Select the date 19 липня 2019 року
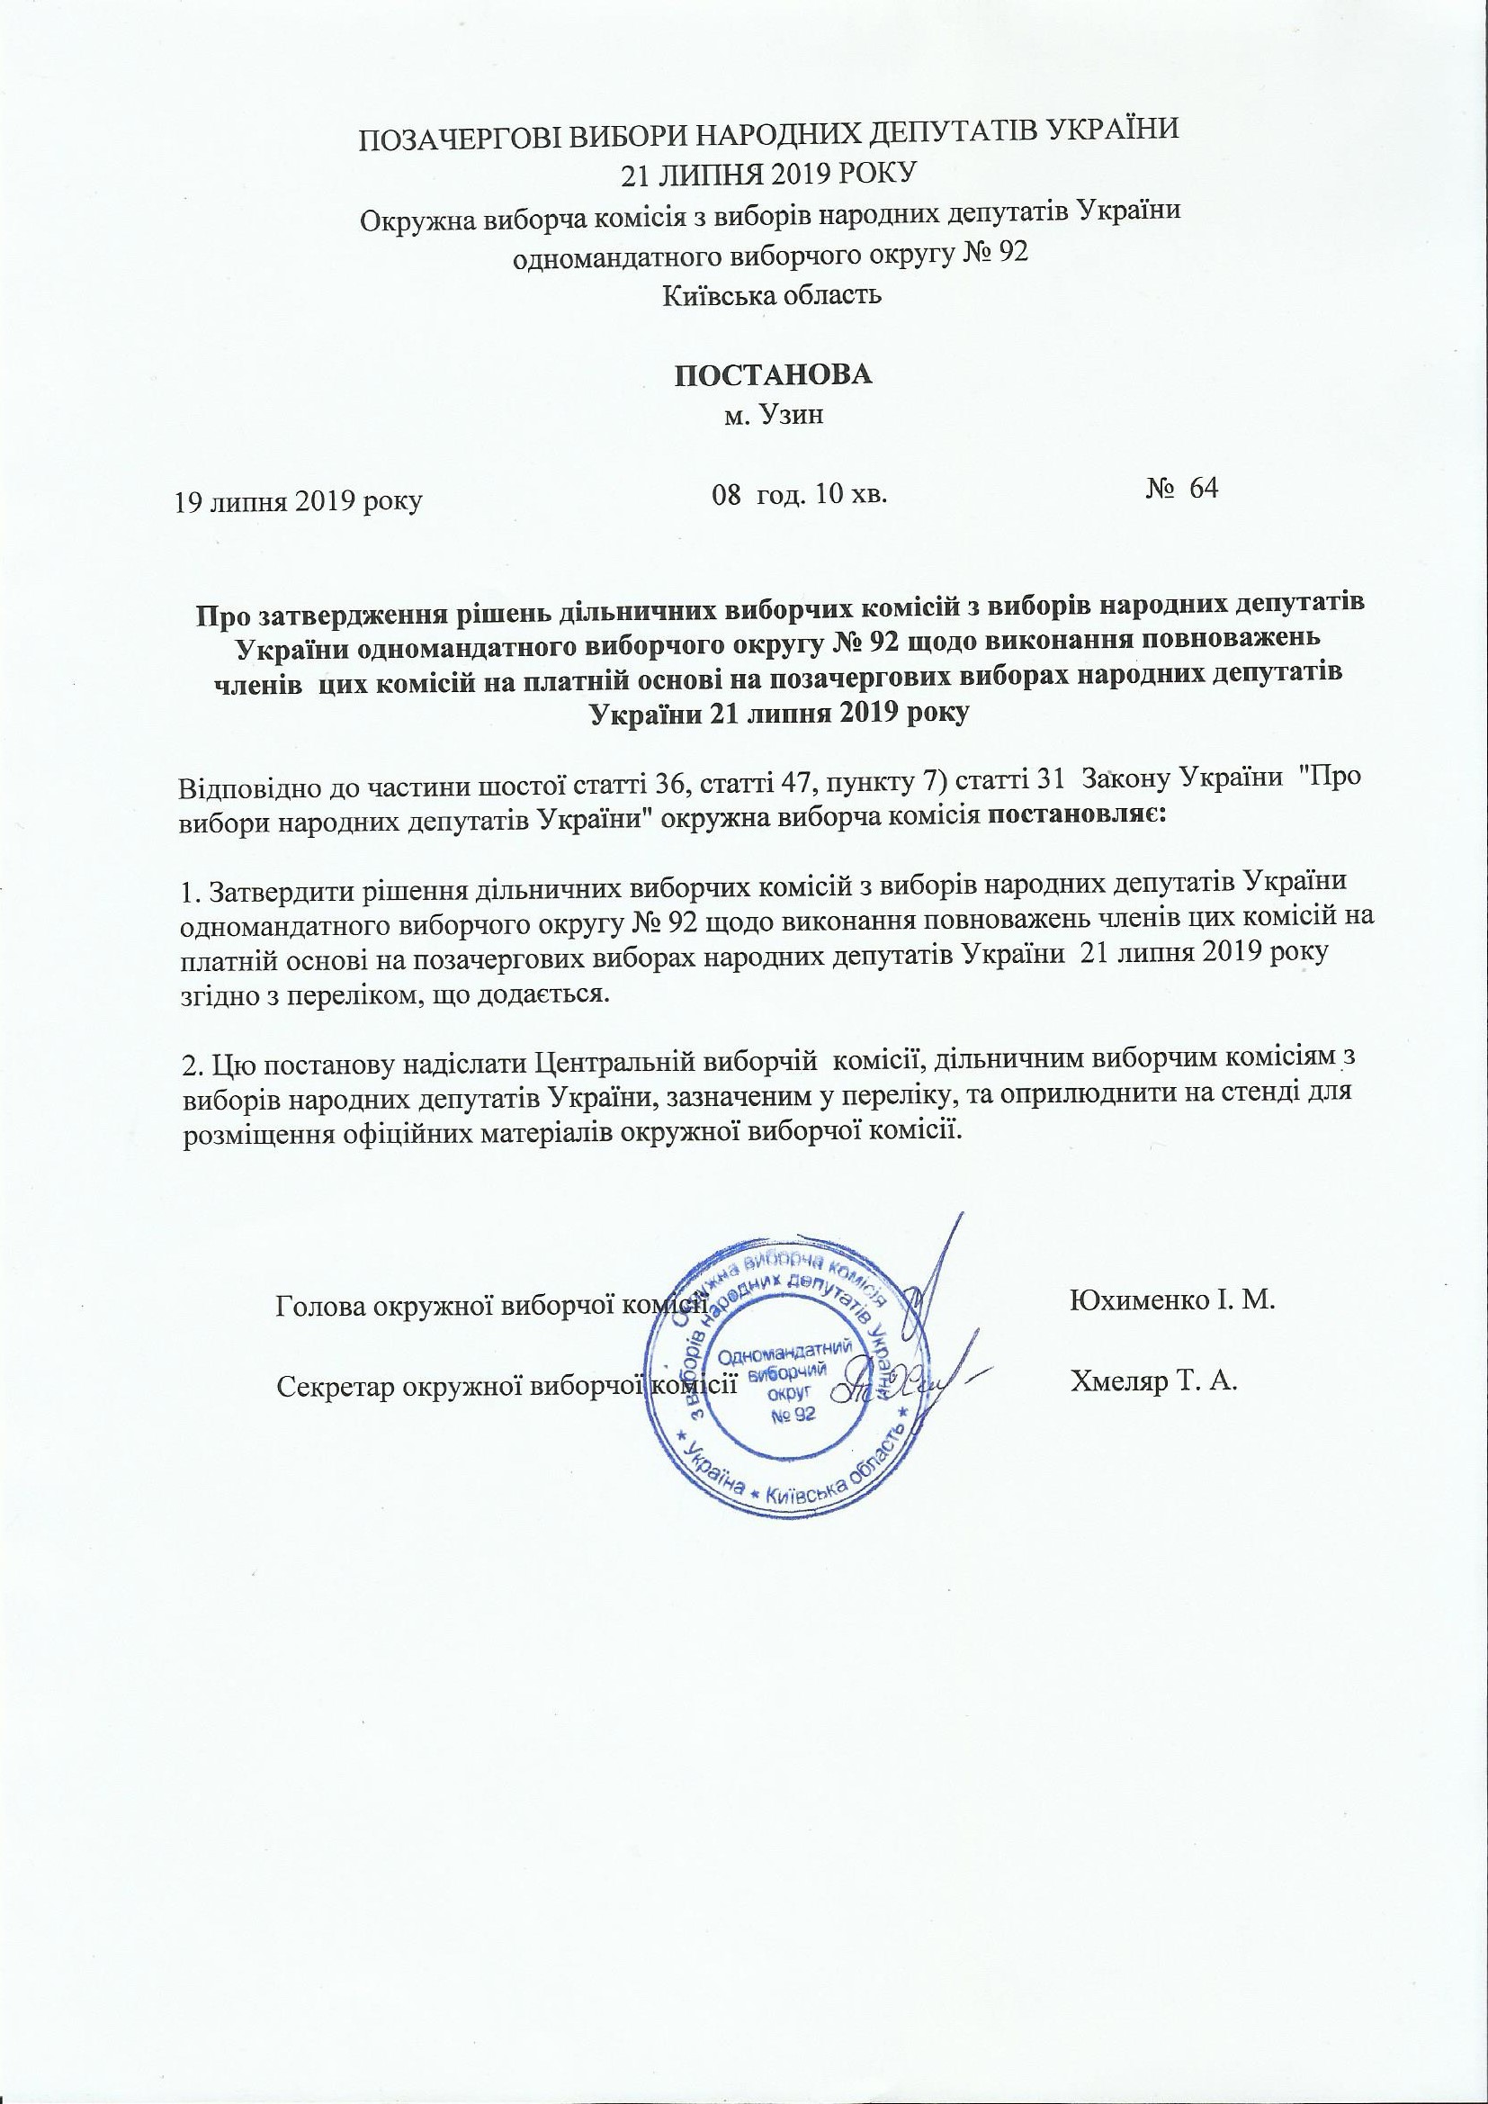click(299, 502)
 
